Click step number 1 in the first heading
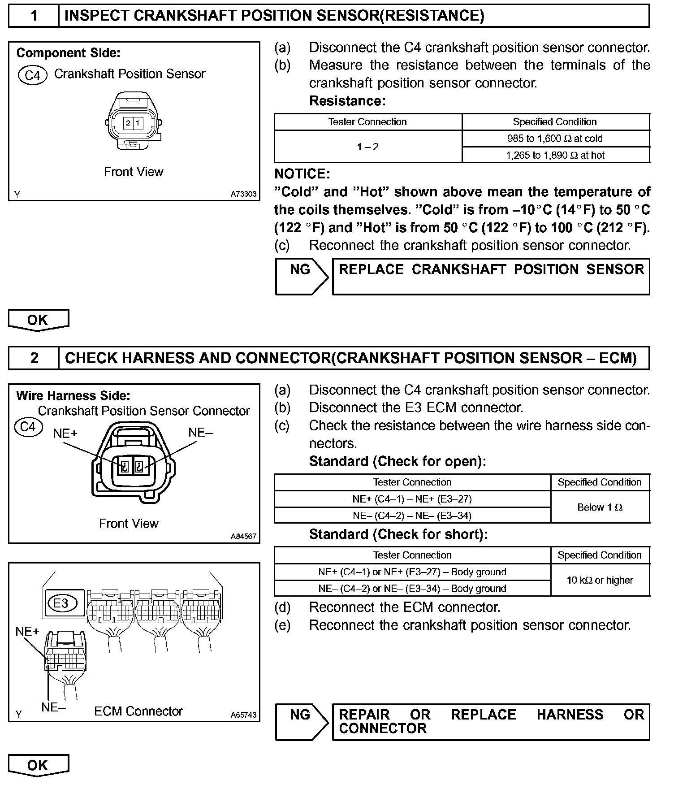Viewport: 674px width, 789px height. point(34,16)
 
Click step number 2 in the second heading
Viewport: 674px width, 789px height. point(34,358)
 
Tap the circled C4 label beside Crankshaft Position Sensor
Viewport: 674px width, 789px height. point(32,75)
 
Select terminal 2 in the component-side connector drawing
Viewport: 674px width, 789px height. point(128,123)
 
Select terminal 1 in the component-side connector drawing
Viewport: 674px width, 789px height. point(138,123)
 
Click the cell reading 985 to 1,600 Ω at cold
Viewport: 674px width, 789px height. point(555,139)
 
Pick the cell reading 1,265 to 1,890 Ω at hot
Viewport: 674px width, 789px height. point(555,155)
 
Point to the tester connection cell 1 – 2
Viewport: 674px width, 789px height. point(367,147)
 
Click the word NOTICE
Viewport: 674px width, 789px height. point(302,174)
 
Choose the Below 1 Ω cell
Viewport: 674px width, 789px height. point(600,507)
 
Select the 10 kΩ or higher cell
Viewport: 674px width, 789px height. point(600,580)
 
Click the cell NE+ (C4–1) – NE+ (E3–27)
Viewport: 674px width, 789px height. point(412,499)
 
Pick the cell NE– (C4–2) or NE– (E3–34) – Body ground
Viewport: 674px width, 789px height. point(412,588)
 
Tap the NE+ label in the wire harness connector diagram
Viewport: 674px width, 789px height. point(65,433)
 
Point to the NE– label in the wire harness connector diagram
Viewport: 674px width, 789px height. point(200,432)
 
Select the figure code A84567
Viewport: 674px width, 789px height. point(243,536)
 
